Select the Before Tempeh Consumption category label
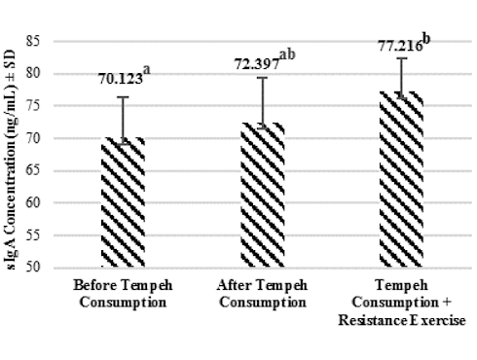coord(123,294)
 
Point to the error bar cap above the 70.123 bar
coord(124,97)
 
